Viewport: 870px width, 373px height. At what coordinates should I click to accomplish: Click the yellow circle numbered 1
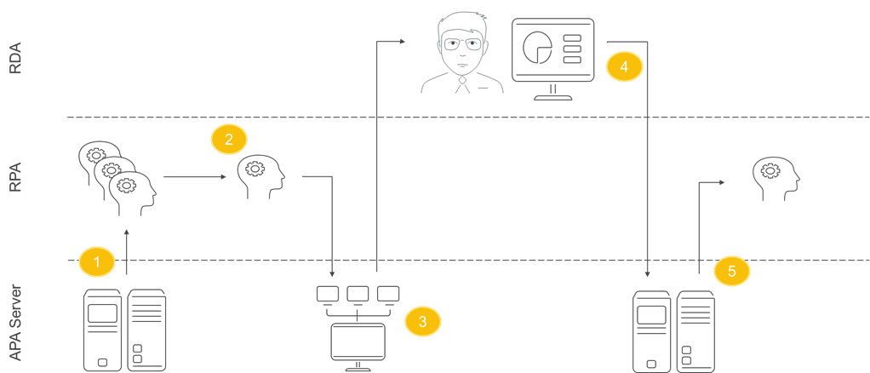click(x=96, y=261)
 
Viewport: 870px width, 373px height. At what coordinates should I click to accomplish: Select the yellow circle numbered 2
click(x=228, y=139)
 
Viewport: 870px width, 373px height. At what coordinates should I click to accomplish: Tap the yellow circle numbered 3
click(x=422, y=320)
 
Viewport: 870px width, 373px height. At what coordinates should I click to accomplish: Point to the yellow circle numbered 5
click(x=731, y=271)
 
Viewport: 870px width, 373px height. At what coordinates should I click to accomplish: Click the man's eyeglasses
click(x=461, y=44)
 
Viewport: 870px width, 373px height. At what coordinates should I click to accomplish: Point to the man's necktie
click(x=461, y=85)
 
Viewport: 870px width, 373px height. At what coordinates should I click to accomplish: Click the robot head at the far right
click(x=776, y=177)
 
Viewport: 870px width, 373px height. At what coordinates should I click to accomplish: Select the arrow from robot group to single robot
click(x=194, y=177)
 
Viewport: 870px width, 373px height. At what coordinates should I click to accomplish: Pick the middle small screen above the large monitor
click(x=358, y=293)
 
